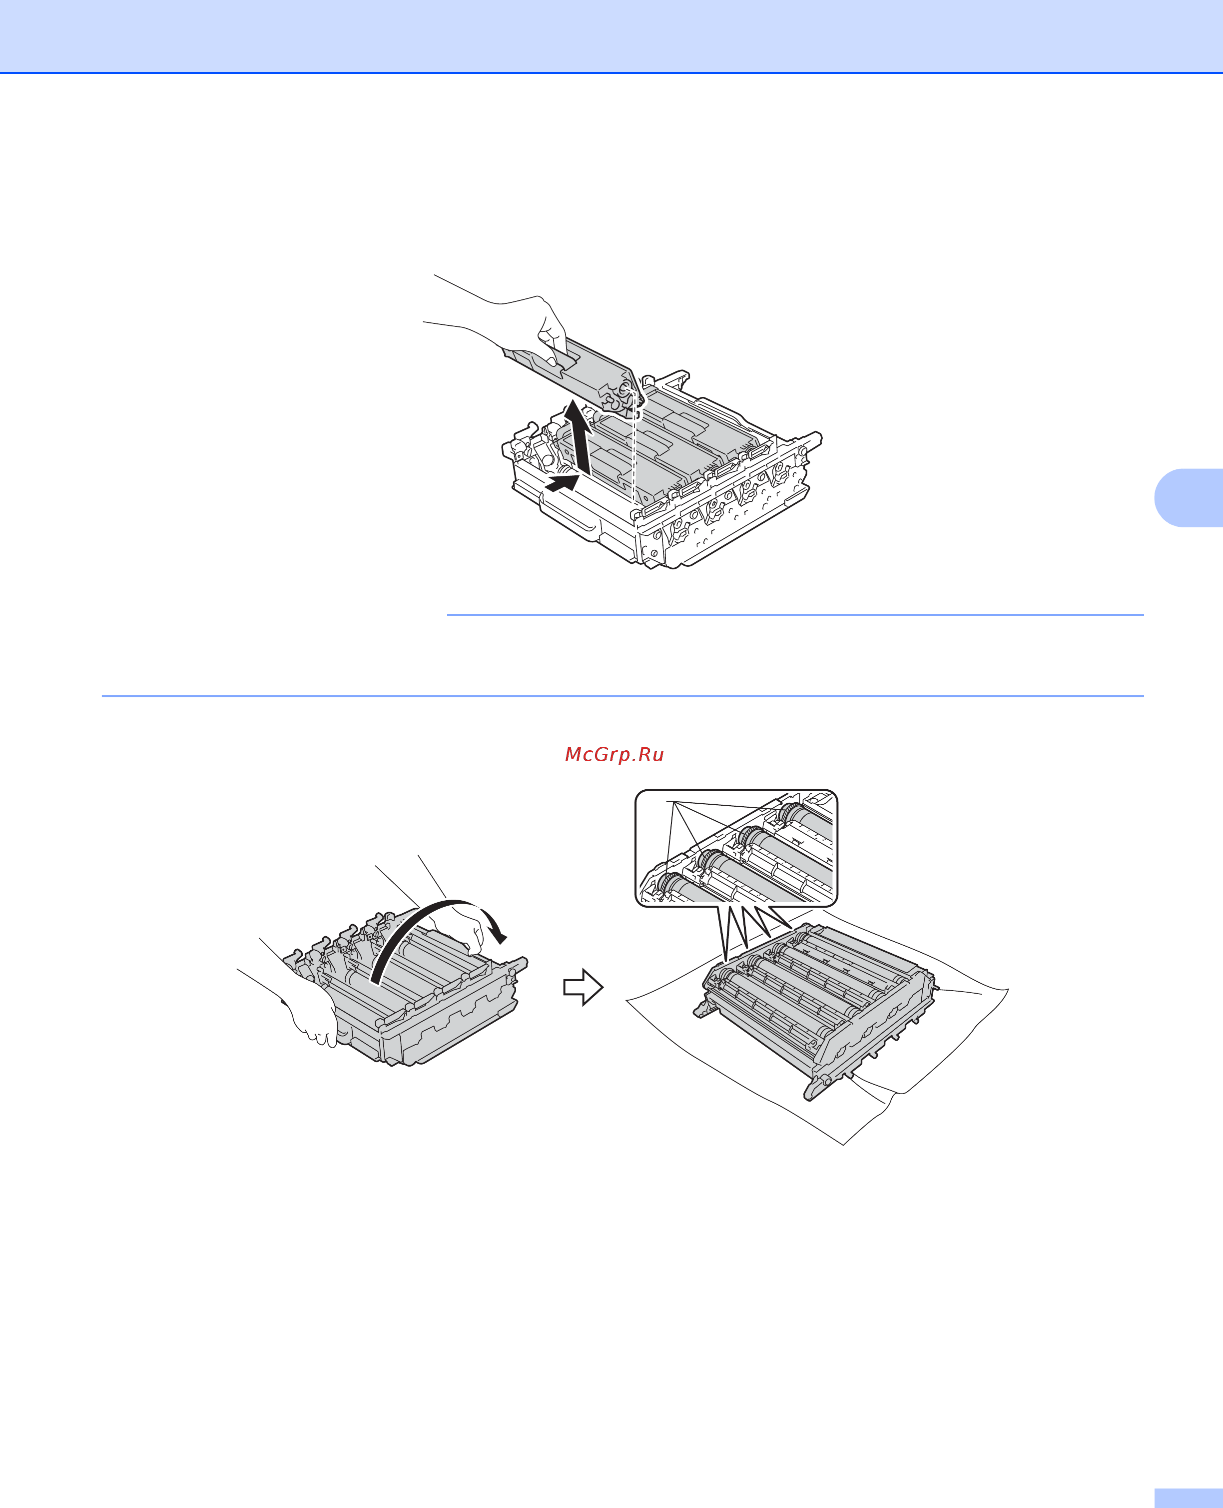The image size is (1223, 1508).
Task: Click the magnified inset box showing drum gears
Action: tap(736, 848)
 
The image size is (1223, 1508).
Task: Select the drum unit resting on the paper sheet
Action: tap(817, 1008)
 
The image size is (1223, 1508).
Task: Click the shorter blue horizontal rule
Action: tap(795, 614)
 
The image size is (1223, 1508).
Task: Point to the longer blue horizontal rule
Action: tap(623, 696)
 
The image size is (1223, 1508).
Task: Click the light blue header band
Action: tap(611, 36)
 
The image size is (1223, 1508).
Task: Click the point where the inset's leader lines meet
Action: tap(673, 802)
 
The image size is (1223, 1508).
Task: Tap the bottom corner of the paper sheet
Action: tap(843, 1145)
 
